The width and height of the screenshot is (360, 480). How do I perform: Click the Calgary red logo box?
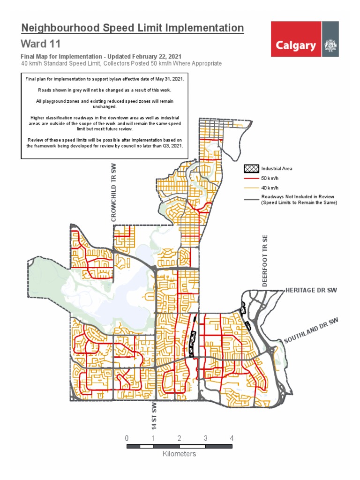point(296,45)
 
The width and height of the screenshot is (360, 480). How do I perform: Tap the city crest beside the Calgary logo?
point(330,45)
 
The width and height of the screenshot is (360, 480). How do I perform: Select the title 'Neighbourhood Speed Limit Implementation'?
point(133,28)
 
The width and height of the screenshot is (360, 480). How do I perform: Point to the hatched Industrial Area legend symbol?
point(251,168)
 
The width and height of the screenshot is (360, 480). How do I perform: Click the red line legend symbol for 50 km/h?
point(251,179)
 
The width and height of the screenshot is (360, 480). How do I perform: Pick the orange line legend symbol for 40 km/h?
point(251,188)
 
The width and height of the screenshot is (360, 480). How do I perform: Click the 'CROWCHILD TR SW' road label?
point(113,192)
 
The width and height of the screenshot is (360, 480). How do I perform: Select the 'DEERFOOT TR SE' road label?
point(264,261)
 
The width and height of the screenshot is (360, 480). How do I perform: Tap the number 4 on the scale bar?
point(232,438)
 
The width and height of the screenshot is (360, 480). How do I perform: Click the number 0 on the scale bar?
point(127,438)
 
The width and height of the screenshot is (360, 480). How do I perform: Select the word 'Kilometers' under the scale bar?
point(179,454)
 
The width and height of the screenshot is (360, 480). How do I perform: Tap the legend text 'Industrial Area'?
point(277,168)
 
